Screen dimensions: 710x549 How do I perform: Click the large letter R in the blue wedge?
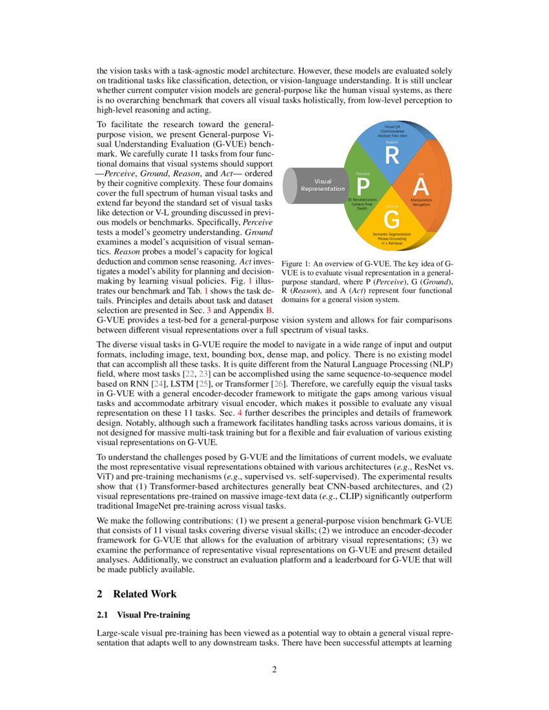point(392,156)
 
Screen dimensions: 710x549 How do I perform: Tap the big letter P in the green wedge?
point(363,187)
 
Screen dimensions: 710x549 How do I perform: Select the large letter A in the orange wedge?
point(421,187)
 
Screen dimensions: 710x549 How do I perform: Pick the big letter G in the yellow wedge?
point(391,220)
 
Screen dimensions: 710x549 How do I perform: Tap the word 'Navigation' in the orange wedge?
point(421,205)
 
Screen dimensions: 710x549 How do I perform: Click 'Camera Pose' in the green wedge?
point(362,205)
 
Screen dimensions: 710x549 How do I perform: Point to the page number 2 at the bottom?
point(274,669)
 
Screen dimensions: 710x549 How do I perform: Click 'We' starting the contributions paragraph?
point(103,520)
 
